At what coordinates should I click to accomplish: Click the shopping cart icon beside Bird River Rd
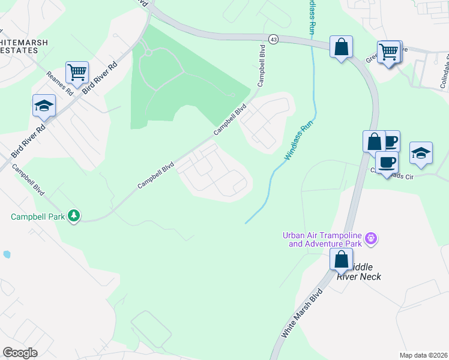[x=77, y=73]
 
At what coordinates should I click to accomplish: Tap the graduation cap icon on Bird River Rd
[x=44, y=106]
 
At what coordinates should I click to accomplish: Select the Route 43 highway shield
[x=274, y=38]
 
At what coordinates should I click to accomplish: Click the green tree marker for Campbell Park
[x=74, y=215]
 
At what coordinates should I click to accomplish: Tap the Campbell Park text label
[x=37, y=216]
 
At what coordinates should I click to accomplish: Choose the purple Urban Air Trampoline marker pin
[x=372, y=239]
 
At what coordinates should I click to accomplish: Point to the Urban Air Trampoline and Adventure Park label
[x=322, y=239]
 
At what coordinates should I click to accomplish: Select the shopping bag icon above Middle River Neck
[x=341, y=260]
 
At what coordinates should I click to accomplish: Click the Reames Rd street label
[x=59, y=84]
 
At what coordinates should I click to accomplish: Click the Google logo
[x=20, y=353]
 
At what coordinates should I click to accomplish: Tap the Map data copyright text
[x=423, y=355]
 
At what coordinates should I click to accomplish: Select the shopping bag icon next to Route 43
[x=341, y=47]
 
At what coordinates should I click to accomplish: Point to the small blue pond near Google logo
[x=6, y=254]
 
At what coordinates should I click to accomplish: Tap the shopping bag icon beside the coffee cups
[x=374, y=142]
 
